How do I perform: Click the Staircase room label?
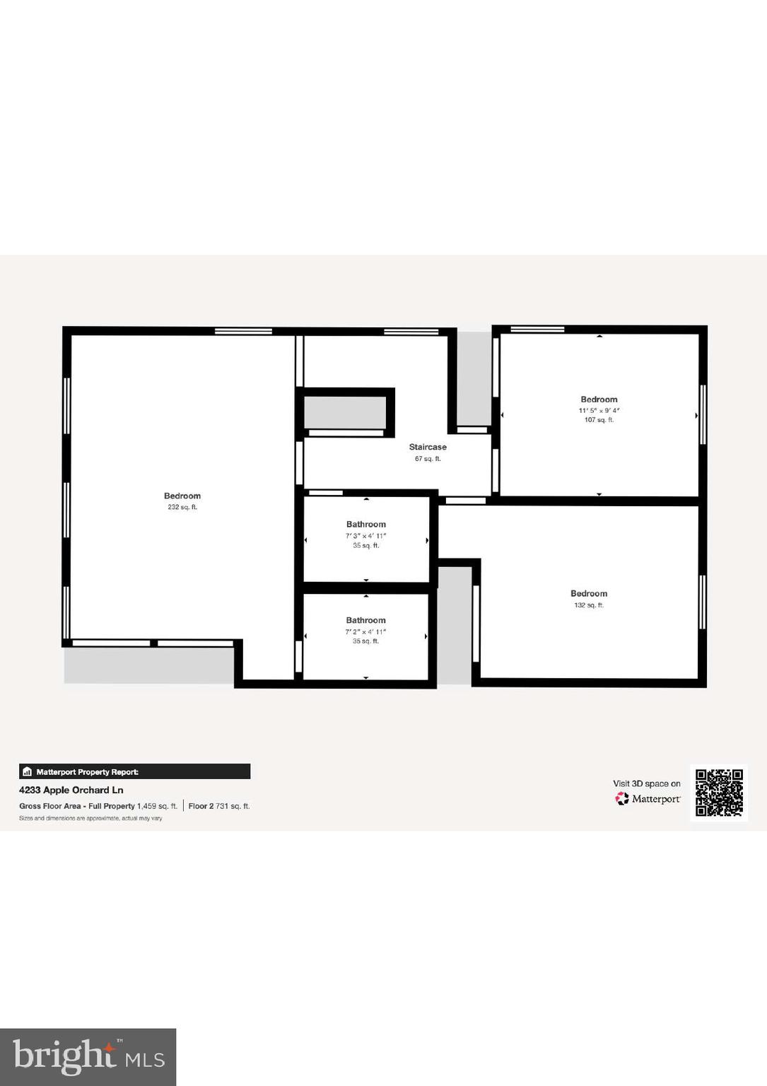(428, 447)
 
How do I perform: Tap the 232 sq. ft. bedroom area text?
(182, 507)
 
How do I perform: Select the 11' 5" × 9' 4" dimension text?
(599, 410)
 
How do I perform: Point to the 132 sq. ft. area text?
(589, 605)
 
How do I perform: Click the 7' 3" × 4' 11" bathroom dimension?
(365, 536)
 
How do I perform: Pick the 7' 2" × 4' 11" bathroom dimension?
(365, 631)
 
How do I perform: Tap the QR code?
(719, 793)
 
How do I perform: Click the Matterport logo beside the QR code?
(648, 799)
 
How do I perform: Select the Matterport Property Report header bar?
(134, 771)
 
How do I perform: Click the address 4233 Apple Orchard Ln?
(71, 790)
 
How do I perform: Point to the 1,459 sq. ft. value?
(157, 806)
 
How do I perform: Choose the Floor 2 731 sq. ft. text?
(219, 806)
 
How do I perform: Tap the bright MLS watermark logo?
(88, 1056)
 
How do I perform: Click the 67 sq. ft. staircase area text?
(428, 459)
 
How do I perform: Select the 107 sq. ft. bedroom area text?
(599, 420)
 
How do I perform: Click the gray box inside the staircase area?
(345, 411)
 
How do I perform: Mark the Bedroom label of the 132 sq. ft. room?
(589, 594)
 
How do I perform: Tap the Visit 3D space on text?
(646, 783)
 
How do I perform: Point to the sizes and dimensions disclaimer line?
(90, 818)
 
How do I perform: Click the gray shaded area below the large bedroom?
(148, 665)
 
